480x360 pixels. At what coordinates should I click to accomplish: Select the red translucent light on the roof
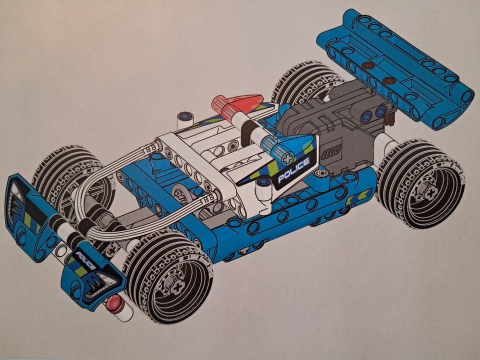(x=237, y=103)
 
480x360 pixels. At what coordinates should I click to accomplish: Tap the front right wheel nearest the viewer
(x=168, y=276)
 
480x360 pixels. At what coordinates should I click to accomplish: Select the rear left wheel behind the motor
(x=306, y=81)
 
